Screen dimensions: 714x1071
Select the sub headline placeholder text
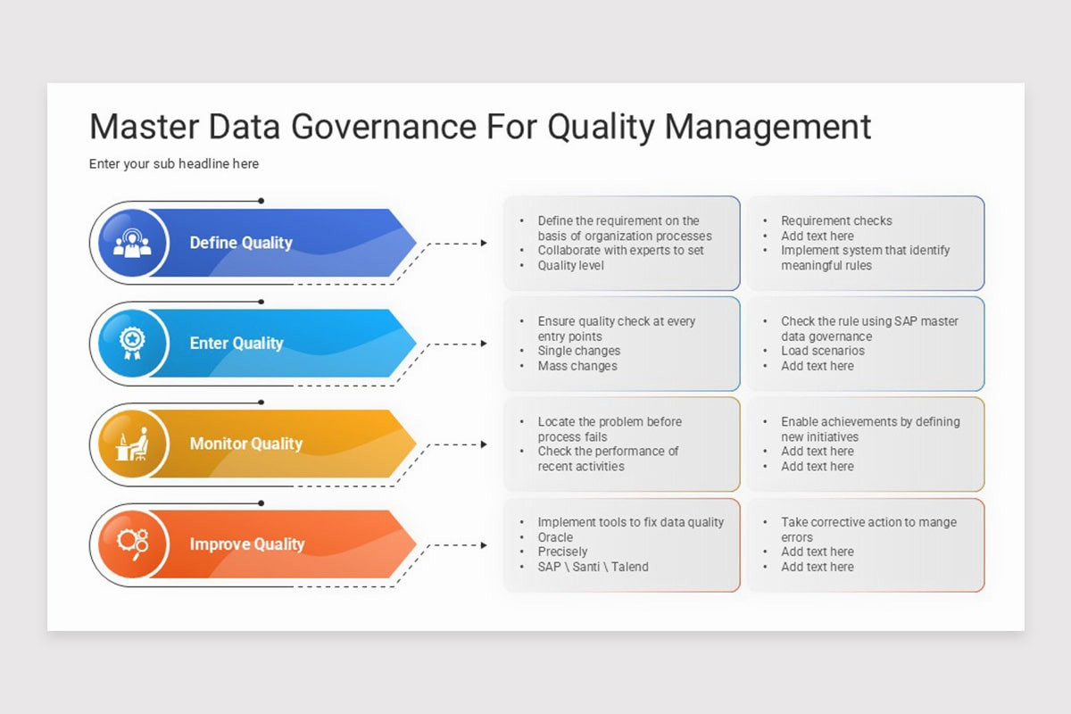pos(174,164)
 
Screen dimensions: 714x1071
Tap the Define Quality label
pos(241,243)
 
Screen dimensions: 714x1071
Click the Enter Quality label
pos(237,344)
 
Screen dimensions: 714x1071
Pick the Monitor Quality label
pos(246,444)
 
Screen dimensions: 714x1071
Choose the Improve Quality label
pos(247,544)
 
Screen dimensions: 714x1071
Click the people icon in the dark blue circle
pos(132,244)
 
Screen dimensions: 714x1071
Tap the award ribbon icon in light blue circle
pos(132,344)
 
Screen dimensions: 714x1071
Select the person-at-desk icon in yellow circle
pos(132,444)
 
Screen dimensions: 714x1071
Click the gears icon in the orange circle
pos(132,544)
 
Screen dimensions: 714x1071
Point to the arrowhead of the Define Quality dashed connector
pos(484,243)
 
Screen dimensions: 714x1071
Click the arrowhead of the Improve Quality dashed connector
pos(484,544)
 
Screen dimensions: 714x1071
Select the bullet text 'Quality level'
pos(570,265)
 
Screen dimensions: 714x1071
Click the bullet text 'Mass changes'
pos(577,366)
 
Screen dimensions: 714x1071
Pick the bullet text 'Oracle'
pos(555,537)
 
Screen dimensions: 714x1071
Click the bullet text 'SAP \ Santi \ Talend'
pos(593,567)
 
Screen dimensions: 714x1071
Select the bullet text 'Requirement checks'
pos(836,220)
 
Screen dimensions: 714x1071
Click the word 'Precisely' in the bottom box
pos(562,552)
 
